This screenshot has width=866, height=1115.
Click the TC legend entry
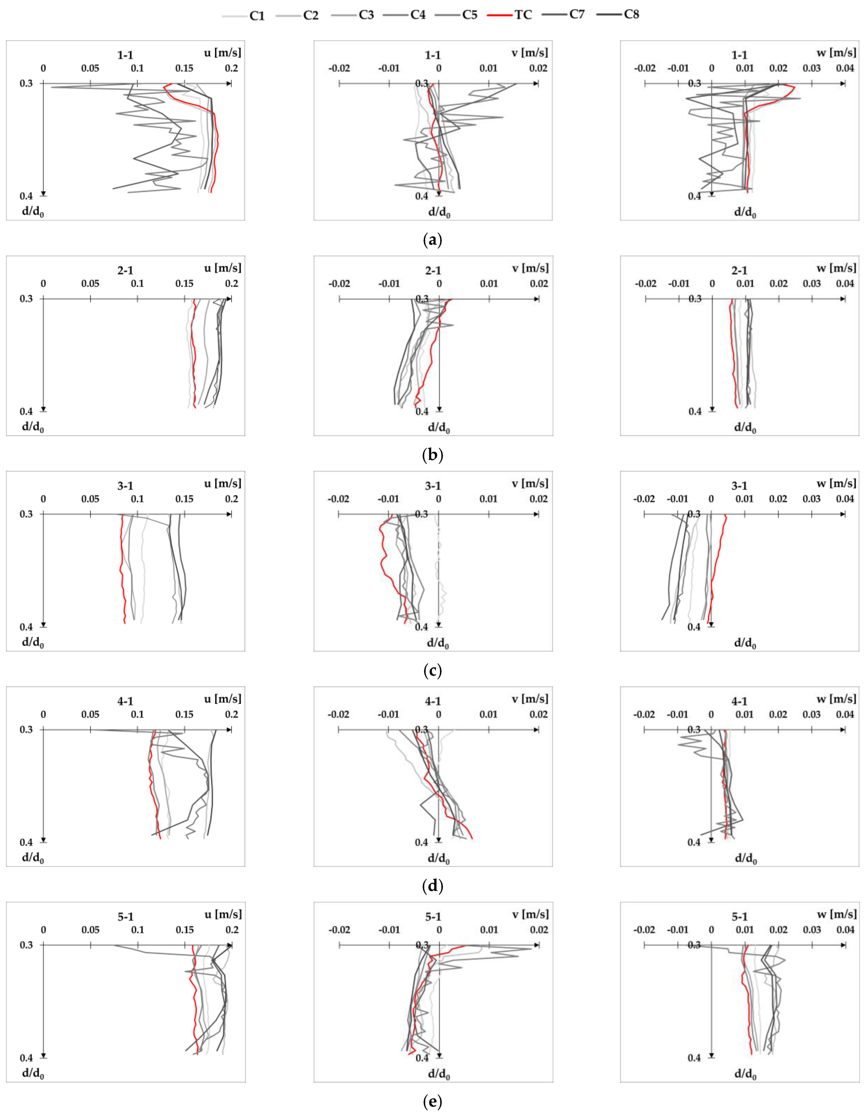511,15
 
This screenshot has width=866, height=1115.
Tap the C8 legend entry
619,14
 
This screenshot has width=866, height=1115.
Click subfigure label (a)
433,240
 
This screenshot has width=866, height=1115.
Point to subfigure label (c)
433,670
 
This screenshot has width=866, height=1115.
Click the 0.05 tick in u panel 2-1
91,284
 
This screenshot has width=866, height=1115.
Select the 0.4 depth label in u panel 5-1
26,1057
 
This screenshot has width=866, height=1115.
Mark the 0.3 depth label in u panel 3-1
26,514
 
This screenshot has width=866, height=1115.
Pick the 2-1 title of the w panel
739,271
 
